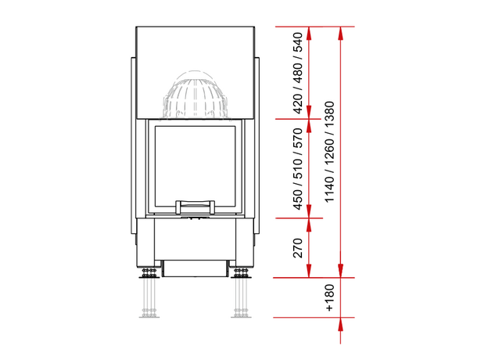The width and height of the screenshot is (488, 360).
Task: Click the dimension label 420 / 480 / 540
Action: pyautogui.click(x=297, y=73)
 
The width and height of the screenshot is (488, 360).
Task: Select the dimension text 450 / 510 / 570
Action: pyautogui.click(x=297, y=169)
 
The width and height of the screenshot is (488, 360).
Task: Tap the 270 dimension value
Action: pyautogui.click(x=298, y=248)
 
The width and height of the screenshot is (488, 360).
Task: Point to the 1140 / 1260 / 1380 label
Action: pyautogui.click(x=329, y=152)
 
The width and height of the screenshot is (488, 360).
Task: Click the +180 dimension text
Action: pyautogui.click(x=329, y=297)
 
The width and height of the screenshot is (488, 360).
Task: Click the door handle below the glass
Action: pyautogui.click(x=196, y=207)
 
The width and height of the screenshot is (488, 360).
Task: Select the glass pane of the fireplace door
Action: pyautogui.click(x=196, y=166)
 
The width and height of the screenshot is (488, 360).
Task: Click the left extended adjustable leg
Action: pyautogui.click(x=149, y=293)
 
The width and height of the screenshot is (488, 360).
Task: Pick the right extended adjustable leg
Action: pyautogui.click(x=241, y=293)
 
